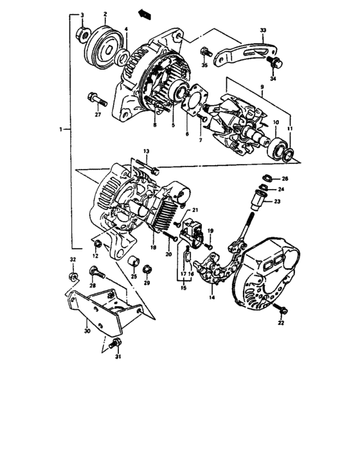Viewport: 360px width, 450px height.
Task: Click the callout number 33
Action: pos(262,31)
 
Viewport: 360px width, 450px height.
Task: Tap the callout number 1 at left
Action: pos(60,129)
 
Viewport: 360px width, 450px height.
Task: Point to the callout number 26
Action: pos(285,178)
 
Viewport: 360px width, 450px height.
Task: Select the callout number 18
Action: pos(153,246)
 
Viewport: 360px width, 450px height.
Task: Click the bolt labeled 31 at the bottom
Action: pos(116,343)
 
